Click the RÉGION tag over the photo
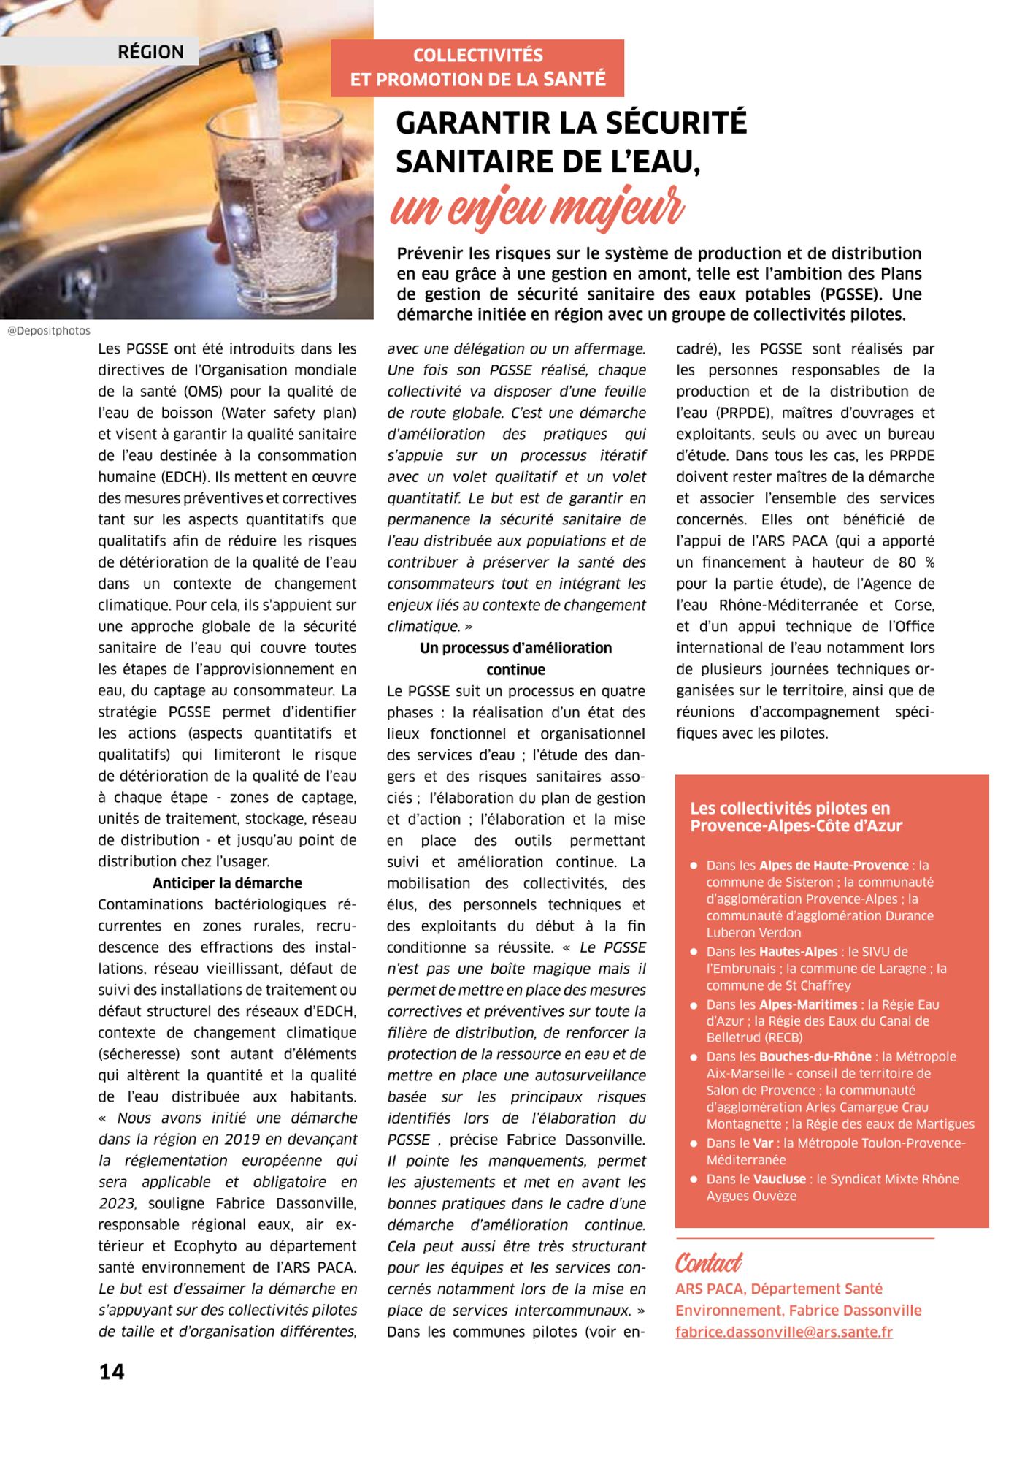click(x=150, y=52)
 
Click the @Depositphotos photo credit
click(x=49, y=331)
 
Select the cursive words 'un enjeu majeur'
click(x=537, y=207)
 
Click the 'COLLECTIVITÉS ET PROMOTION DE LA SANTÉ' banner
click(x=477, y=67)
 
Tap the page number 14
click(x=112, y=1371)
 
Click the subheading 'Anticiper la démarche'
click(x=227, y=882)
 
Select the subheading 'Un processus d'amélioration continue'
click(x=515, y=658)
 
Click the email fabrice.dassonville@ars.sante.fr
click(x=784, y=1332)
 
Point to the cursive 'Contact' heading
click(x=708, y=1262)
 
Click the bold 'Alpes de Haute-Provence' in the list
click(x=834, y=865)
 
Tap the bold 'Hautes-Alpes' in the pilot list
click(x=798, y=952)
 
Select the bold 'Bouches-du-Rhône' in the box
click(x=815, y=1056)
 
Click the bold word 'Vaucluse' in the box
click(x=780, y=1179)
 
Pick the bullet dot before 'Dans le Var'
click(x=694, y=1144)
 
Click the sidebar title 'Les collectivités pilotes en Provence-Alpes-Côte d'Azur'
click(x=796, y=817)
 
